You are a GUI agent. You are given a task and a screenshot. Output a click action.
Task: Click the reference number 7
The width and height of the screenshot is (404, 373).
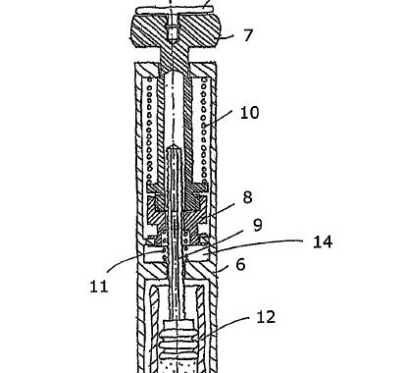pyautogui.click(x=248, y=35)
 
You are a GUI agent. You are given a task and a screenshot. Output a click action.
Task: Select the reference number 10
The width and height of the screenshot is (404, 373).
pyautogui.click(x=249, y=113)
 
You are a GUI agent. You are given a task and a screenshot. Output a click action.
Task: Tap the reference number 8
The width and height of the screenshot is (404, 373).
pyautogui.click(x=247, y=197)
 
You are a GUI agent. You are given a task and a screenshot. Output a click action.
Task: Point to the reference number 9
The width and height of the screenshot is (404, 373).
pyautogui.click(x=258, y=225)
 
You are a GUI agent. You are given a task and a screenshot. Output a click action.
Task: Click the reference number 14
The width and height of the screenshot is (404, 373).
pyautogui.click(x=323, y=241)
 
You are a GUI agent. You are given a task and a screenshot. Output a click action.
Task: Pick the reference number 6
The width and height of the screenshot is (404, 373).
pyautogui.click(x=240, y=264)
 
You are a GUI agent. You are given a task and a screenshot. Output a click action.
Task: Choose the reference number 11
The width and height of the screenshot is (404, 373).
pyautogui.click(x=99, y=287)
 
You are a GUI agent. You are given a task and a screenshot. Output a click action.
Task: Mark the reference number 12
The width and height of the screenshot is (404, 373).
pyautogui.click(x=266, y=317)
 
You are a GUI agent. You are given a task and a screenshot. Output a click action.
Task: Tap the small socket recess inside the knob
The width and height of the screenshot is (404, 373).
pyautogui.click(x=173, y=32)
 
